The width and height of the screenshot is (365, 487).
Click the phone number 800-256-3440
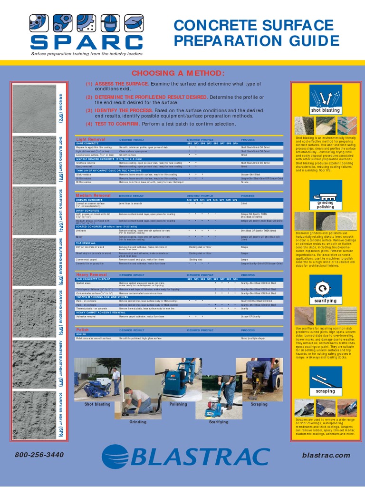39,455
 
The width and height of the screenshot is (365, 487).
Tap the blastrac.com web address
326,455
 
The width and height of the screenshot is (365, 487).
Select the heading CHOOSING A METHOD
177,73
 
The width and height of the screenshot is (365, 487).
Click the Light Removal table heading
90,139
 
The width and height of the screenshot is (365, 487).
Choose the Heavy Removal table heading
91,275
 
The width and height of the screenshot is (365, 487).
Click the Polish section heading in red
82,330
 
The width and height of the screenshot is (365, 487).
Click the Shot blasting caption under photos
97,404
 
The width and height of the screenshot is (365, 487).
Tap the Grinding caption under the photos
138,422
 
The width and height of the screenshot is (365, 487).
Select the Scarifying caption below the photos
219,422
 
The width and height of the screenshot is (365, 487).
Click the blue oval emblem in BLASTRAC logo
116,456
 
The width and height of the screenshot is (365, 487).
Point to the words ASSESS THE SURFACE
122,84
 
